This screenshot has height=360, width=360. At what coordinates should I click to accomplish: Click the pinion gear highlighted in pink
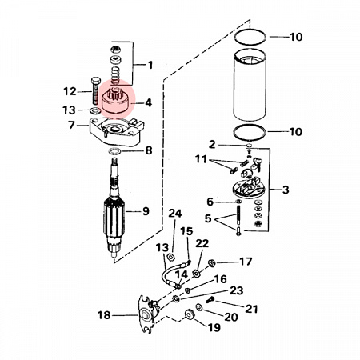115,102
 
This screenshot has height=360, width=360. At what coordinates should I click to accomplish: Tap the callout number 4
148,102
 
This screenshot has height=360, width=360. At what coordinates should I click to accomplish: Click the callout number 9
146,211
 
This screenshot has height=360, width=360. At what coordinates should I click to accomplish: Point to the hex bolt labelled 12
95,90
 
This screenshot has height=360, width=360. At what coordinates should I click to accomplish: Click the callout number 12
70,91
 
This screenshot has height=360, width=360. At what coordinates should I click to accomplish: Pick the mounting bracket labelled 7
116,131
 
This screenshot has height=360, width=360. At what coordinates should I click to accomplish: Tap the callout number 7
71,125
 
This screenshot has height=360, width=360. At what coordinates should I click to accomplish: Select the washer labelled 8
114,151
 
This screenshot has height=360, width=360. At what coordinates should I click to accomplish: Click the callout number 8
149,150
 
